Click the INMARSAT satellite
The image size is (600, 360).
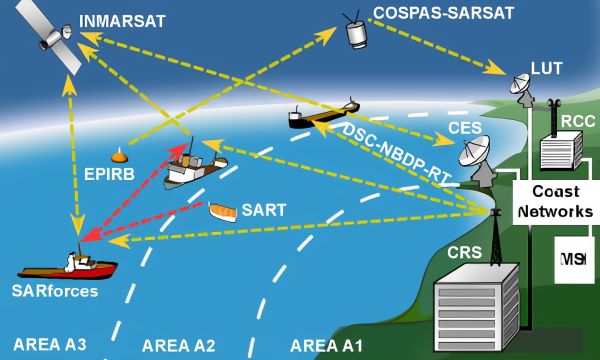(x=50, y=36)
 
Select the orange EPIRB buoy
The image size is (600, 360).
(x=119, y=156)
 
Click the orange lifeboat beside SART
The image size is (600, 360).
(x=222, y=212)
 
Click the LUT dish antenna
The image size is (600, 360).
(x=522, y=89)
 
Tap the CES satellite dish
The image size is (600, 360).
(x=476, y=159)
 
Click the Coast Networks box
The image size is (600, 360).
(x=555, y=202)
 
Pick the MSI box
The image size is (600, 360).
(x=574, y=260)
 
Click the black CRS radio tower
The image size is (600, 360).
(x=496, y=237)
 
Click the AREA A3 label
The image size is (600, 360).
(x=50, y=344)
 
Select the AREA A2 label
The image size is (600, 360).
(x=179, y=345)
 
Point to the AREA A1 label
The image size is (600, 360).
(x=326, y=345)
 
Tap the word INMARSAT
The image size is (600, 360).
(x=122, y=21)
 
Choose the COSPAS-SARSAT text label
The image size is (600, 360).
(x=443, y=13)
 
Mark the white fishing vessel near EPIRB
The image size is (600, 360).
(x=195, y=168)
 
